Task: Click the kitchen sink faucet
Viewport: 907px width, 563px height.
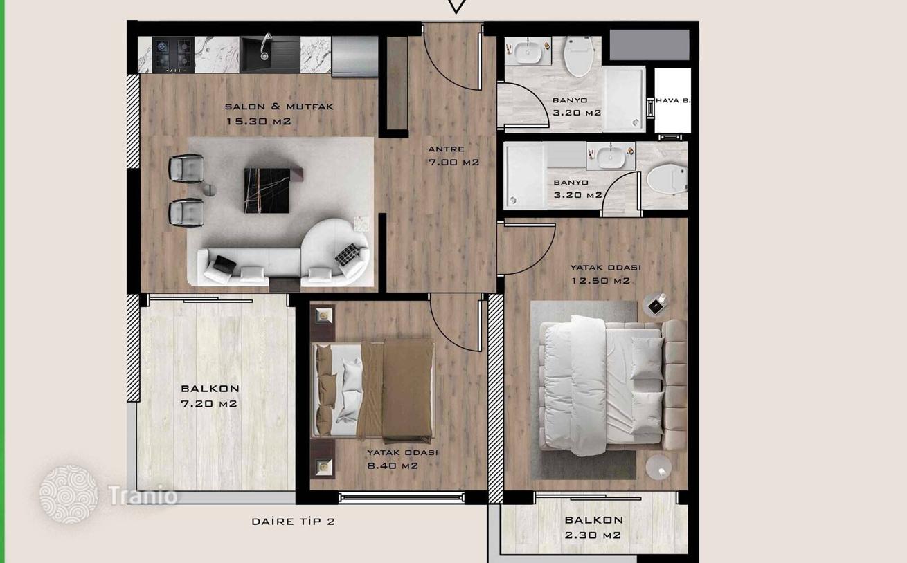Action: [265, 45]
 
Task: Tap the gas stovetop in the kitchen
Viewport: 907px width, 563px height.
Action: [173, 55]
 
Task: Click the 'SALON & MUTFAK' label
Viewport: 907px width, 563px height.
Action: [279, 107]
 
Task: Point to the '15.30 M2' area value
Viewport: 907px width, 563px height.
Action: [258, 121]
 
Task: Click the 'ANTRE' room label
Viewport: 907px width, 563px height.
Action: [446, 149]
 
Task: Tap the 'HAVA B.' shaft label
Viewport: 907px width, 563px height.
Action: [672, 100]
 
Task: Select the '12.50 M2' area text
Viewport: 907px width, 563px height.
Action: [600, 281]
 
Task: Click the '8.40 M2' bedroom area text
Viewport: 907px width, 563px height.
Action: [393, 465]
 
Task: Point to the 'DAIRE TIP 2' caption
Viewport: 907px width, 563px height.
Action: [293, 522]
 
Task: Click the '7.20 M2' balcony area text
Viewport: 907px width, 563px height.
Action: [209, 404]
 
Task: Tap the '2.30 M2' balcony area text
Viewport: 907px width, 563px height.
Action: [593, 535]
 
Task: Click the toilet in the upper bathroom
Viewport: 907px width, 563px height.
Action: [580, 56]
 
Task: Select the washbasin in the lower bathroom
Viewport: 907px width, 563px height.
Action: [611, 157]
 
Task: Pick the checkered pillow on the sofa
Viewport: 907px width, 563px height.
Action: [347, 254]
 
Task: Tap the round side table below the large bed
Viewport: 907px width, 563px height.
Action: [658, 467]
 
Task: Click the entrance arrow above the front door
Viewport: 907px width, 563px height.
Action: [456, 6]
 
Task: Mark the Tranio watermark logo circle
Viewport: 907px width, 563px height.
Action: [69, 495]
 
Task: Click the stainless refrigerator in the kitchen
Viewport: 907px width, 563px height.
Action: [354, 56]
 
